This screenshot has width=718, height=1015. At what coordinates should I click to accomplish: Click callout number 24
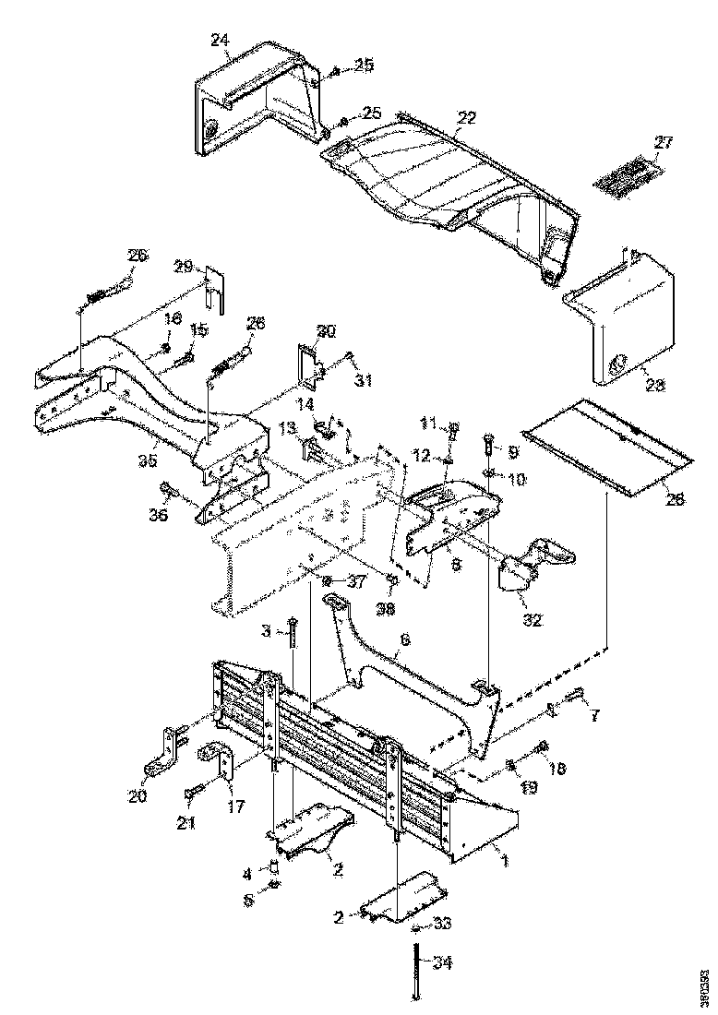pyautogui.click(x=219, y=40)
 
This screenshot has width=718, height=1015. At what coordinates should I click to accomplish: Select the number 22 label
pyautogui.click(x=467, y=118)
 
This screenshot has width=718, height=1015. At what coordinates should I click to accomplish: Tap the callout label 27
pyautogui.click(x=664, y=143)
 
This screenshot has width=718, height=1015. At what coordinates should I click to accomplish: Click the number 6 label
pyautogui.click(x=405, y=639)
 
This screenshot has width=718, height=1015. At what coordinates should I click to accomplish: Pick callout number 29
pyautogui.click(x=182, y=267)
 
